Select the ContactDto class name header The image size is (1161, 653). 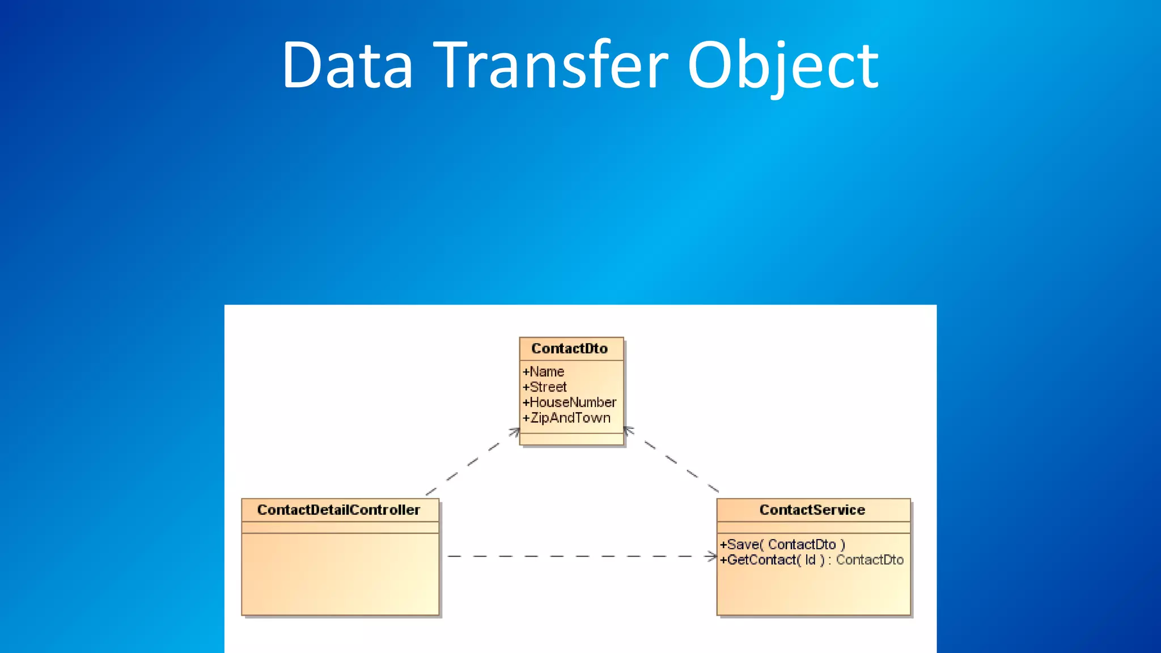(x=570, y=349)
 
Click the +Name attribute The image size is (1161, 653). (x=544, y=372)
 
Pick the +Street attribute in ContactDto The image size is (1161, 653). (x=545, y=387)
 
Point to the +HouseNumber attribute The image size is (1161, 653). (x=570, y=402)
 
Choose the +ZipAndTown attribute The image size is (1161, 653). (x=567, y=418)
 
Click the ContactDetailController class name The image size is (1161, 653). (x=339, y=510)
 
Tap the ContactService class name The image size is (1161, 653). (x=812, y=510)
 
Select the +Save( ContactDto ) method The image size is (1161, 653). (x=782, y=545)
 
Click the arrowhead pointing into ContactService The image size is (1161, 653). (x=712, y=557)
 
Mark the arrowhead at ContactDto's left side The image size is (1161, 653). (x=515, y=432)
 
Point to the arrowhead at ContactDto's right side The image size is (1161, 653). (x=628, y=431)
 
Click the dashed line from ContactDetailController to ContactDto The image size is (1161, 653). (x=472, y=463)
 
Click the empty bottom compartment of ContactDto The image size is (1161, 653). (x=571, y=439)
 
